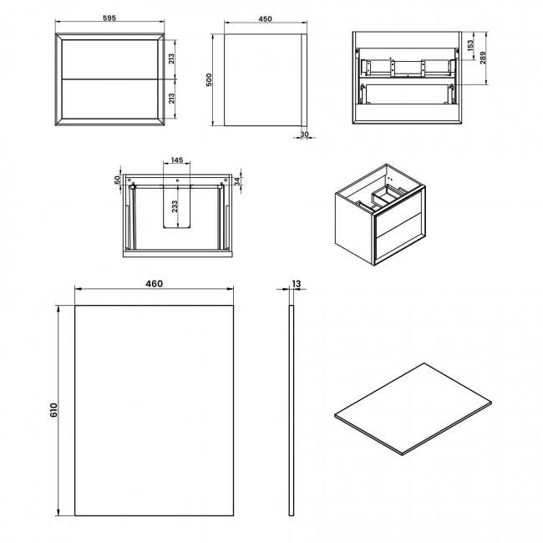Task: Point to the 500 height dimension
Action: [x=211, y=79]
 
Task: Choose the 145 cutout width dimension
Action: [x=177, y=160]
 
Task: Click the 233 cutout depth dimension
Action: [x=174, y=209]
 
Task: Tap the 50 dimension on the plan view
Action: [x=118, y=179]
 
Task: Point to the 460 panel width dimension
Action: [x=154, y=284]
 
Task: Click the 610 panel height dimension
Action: [x=53, y=410]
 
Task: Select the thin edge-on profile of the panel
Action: [x=292, y=410]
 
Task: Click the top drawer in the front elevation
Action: [x=110, y=59]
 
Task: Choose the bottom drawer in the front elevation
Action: [x=110, y=99]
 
